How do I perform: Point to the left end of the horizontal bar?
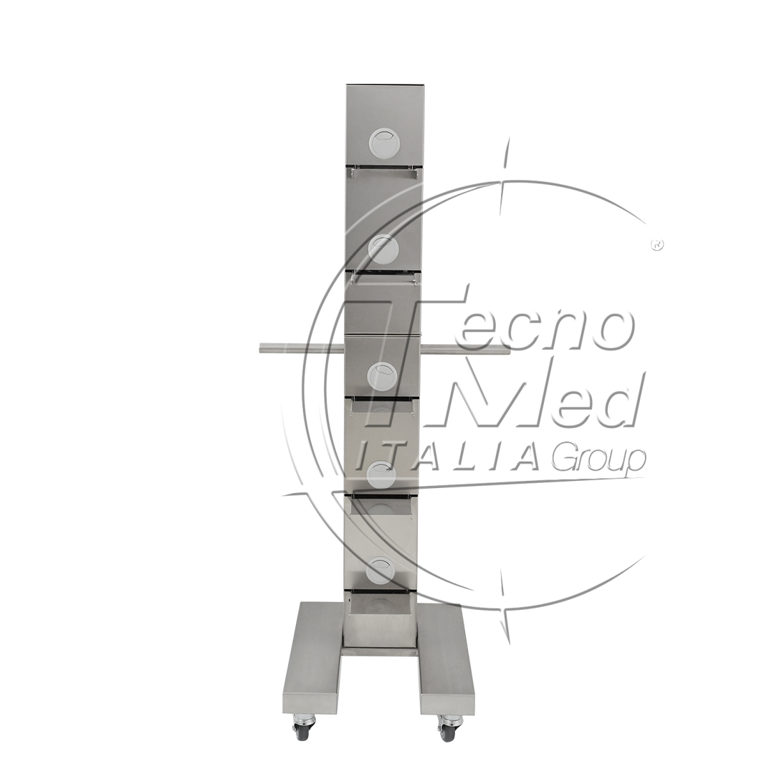[x=259, y=349]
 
